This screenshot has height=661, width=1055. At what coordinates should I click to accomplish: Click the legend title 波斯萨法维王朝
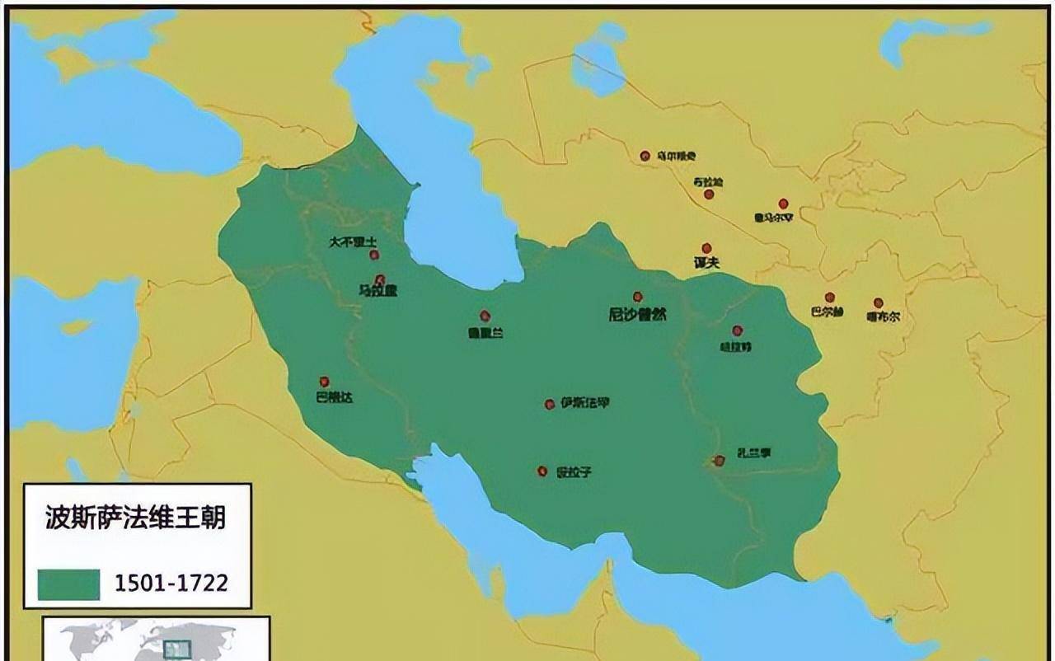[x=135, y=518]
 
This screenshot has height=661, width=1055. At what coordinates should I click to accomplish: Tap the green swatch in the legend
[x=68, y=584]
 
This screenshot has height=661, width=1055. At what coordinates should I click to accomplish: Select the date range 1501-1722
[x=171, y=584]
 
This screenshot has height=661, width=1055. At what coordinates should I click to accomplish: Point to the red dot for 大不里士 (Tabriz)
[x=374, y=255]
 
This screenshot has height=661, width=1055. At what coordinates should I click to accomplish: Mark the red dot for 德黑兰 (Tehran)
[x=485, y=316]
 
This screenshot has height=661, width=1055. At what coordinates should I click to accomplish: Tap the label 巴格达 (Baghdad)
[x=334, y=397]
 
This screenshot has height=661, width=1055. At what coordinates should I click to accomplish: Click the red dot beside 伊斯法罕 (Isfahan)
[x=550, y=404]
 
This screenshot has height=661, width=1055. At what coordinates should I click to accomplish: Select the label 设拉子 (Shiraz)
[x=574, y=472]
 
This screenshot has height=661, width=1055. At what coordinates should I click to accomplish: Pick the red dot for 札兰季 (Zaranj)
[x=719, y=461]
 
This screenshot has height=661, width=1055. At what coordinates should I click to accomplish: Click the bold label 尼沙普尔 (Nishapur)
[x=637, y=314]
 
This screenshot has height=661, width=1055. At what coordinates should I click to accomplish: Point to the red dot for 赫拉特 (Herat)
[x=738, y=330]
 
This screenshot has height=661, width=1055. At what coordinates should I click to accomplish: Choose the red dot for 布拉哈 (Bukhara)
[x=709, y=195]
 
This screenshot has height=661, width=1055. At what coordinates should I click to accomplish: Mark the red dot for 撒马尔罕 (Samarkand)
[x=783, y=204]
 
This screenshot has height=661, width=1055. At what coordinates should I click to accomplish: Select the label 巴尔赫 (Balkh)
[x=827, y=312]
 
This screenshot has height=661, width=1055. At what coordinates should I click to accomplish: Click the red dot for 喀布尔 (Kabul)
[x=879, y=303]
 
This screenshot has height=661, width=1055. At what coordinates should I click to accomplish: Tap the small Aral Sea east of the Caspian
[x=599, y=59]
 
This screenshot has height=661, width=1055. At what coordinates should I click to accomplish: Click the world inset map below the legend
[x=156, y=639]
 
